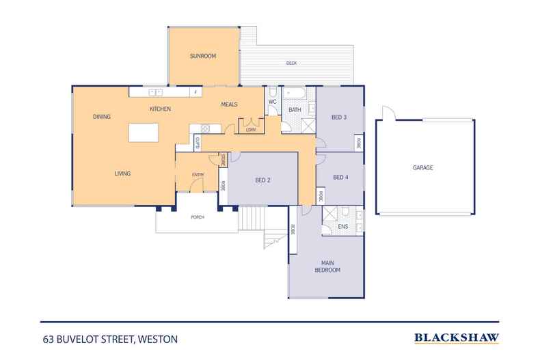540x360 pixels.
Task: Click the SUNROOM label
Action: [x=203, y=56]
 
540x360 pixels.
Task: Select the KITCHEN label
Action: [x=160, y=109]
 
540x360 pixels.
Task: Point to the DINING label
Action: [x=102, y=117]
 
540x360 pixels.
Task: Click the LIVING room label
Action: [x=122, y=174]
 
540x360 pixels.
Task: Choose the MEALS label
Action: [x=229, y=105]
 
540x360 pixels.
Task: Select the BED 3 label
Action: [x=339, y=117]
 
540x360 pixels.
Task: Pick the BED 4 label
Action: [x=340, y=178]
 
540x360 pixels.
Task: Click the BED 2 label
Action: [x=263, y=180]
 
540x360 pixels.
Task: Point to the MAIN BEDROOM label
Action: [x=326, y=266]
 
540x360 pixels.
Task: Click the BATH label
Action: [x=295, y=109]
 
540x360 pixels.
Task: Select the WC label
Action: [x=271, y=102]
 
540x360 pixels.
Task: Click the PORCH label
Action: [x=197, y=218]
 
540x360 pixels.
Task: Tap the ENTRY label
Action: [x=198, y=175]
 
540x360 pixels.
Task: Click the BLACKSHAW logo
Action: [x=457, y=337]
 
